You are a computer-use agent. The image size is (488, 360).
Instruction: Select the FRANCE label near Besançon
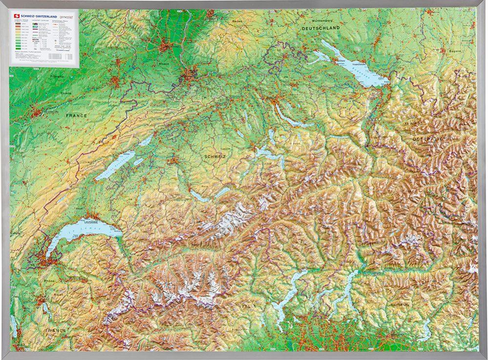(x=76, y=116)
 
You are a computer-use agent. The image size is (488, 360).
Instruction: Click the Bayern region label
(x=455, y=51)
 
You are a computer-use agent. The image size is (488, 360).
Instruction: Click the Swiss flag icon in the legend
(x=18, y=16)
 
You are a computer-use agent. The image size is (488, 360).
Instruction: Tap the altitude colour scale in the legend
(x=21, y=37)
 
